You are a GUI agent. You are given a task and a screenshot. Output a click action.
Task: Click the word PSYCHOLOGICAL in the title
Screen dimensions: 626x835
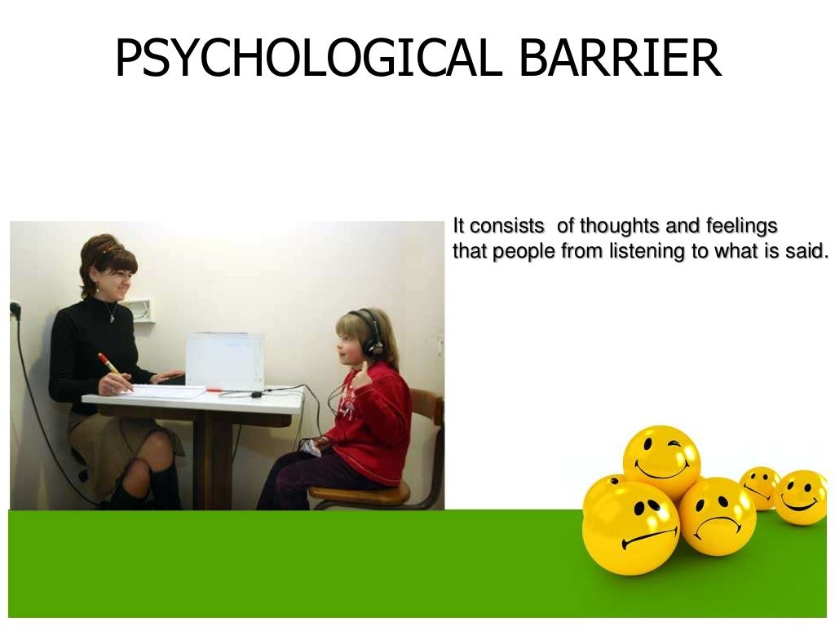click(x=303, y=58)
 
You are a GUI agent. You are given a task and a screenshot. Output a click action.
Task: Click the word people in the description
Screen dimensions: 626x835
click(x=523, y=251)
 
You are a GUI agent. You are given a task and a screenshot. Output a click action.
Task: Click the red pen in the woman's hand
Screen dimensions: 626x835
click(x=108, y=364)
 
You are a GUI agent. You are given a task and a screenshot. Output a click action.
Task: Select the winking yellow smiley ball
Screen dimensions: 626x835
click(x=661, y=461)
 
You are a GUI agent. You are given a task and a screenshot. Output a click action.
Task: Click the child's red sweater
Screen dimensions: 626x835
click(x=378, y=416)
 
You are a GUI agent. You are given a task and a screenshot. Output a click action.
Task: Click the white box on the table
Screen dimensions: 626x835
click(x=224, y=359)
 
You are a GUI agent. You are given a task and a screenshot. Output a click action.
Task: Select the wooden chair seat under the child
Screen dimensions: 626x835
click(x=358, y=494)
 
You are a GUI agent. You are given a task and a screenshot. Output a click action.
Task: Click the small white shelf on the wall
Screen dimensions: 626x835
click(x=140, y=311)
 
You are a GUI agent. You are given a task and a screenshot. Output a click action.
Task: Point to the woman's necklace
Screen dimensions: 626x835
click(x=110, y=311)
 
